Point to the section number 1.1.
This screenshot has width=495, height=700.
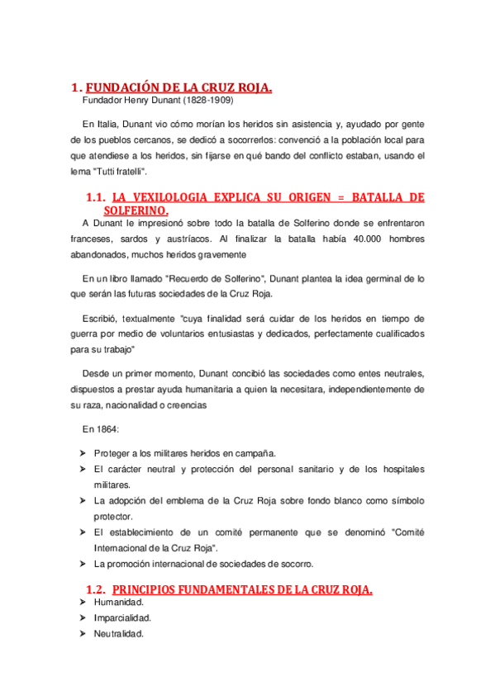(96, 197)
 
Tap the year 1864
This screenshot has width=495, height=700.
(107, 430)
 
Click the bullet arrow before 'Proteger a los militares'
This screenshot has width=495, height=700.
(83, 454)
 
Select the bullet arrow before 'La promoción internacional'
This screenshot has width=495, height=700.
(83, 564)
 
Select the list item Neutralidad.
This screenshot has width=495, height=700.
(120, 633)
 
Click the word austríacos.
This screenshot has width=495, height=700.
(174, 239)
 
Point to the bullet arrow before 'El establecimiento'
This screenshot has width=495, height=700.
(83, 532)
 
